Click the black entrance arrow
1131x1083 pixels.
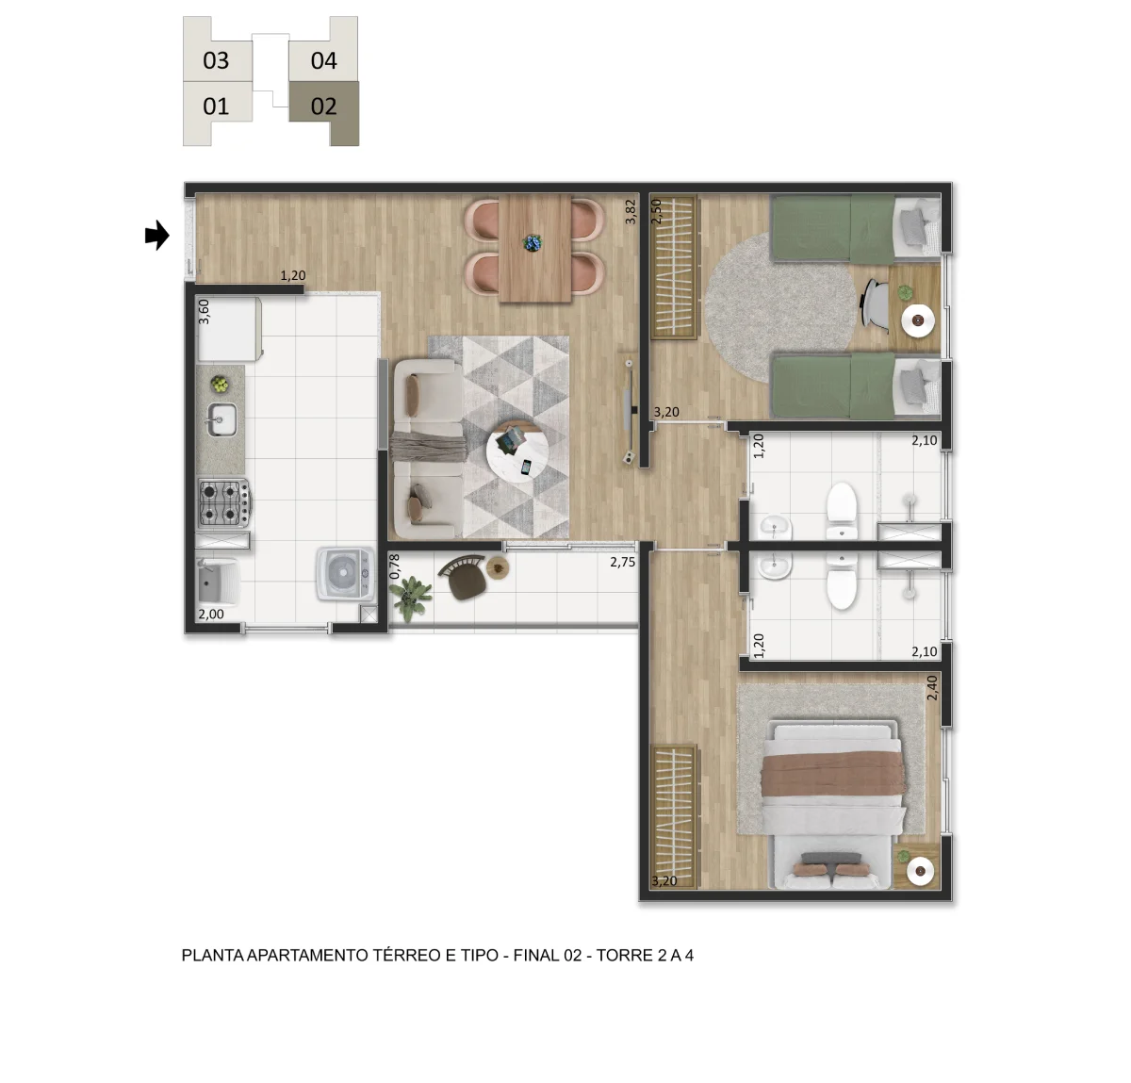pos(156,236)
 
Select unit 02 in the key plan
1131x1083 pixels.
pos(323,107)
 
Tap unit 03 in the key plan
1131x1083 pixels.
pos(216,60)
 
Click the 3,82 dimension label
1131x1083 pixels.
pos(630,211)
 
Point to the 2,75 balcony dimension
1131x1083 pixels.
pos(622,562)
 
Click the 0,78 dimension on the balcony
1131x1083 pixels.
pos(394,566)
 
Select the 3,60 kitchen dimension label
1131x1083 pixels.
pos(204,312)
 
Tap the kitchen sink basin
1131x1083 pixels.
pos(222,419)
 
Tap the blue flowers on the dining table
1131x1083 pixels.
pos(532,242)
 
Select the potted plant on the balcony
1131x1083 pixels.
pos(411,597)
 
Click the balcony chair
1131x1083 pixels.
pos(463,577)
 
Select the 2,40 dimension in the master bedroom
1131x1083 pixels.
pos(931,688)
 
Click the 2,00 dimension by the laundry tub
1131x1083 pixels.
pos(211,614)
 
